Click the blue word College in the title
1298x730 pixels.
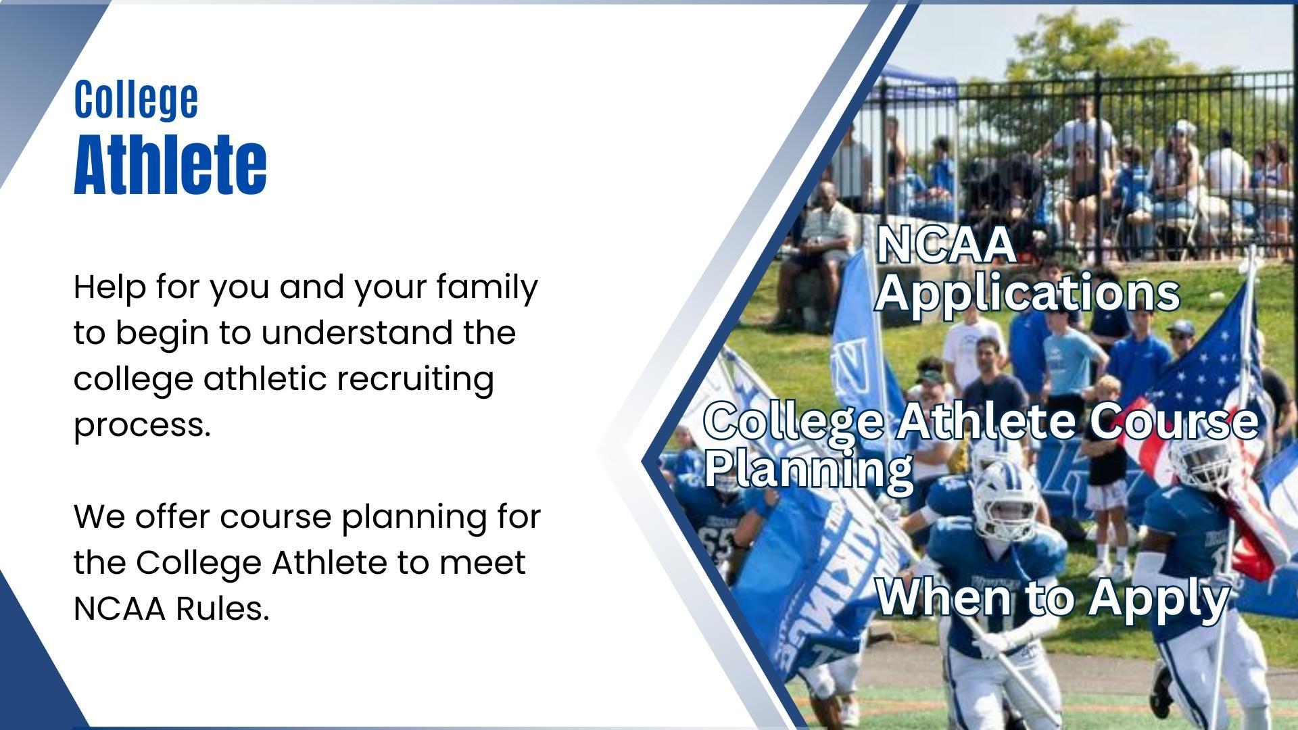pos(136,99)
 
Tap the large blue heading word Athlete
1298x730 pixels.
pos(170,164)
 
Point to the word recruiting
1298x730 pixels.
pos(415,380)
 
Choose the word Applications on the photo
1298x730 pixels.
pos(1028,293)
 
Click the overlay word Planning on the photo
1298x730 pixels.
pos(809,470)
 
